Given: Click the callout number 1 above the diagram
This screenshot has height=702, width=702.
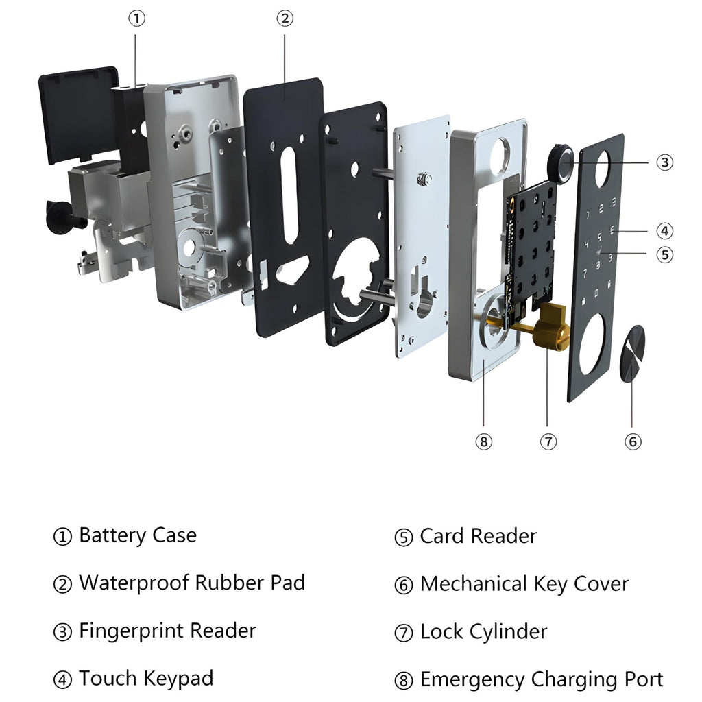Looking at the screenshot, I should point(137,19).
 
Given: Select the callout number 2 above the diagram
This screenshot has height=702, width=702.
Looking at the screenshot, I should point(285,19).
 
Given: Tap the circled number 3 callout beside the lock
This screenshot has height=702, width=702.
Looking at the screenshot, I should point(664,162).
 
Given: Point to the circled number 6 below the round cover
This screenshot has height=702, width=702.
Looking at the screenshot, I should point(633,441).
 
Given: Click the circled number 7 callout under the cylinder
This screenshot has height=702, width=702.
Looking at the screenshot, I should point(548,441).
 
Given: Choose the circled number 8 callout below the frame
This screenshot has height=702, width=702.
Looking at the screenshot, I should point(483,441).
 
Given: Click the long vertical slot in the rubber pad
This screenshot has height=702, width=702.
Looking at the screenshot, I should point(291,195).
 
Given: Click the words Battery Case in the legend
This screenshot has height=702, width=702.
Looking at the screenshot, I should point(137,535).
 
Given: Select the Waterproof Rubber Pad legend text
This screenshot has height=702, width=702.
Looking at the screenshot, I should point(191,583).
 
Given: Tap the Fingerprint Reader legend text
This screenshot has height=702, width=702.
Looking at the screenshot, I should point(167,631).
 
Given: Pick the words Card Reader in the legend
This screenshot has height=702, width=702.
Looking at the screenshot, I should point(478,536).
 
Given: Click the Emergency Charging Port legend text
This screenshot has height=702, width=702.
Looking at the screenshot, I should point(541,679).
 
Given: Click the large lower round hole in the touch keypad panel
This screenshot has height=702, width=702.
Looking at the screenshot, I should point(592,344).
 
